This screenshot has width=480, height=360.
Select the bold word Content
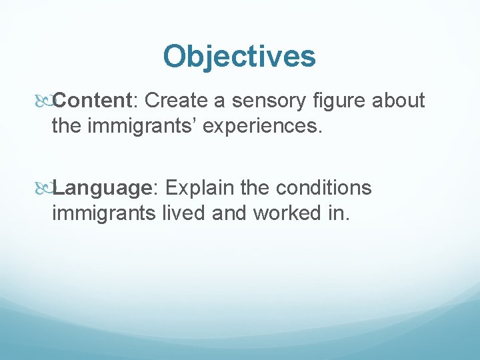93,101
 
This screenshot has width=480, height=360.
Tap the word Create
177,101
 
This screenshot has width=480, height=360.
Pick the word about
399,101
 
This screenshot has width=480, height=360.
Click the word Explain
197,189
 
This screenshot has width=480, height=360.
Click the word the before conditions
255,189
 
